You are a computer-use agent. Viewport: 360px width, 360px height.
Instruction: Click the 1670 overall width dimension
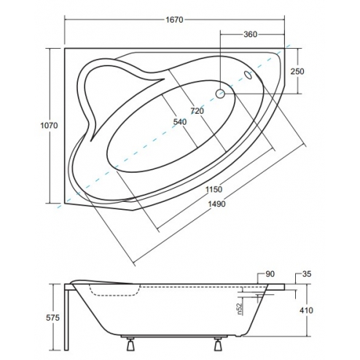(x=174, y=20)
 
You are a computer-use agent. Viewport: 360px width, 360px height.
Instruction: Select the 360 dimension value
(x=250, y=34)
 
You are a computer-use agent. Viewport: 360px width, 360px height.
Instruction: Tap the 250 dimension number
(x=297, y=71)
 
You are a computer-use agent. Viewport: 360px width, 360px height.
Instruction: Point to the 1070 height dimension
(x=49, y=125)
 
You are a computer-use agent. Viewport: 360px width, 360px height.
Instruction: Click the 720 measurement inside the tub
(x=197, y=111)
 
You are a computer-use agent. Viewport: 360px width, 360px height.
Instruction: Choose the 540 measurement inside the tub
(x=180, y=122)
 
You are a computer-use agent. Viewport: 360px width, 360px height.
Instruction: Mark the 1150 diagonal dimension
(x=214, y=189)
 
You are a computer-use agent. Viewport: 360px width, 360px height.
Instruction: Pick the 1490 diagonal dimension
(x=216, y=204)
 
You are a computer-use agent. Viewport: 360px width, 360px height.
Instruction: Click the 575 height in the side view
(x=52, y=318)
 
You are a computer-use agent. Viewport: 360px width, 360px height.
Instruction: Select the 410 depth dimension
(x=306, y=310)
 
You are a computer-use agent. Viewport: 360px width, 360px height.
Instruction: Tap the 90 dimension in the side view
(x=270, y=274)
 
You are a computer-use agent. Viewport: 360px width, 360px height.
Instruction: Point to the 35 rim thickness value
(x=307, y=274)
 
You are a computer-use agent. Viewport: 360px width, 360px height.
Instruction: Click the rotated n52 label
(x=240, y=308)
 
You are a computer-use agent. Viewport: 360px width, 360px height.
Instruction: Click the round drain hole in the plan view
(x=220, y=94)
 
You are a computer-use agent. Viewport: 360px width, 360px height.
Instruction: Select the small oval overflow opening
(x=249, y=75)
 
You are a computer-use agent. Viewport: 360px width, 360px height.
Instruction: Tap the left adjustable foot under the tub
(x=130, y=343)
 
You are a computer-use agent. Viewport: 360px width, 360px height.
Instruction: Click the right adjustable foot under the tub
(x=217, y=343)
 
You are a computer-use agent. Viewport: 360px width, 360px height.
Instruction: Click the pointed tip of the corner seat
(x=92, y=141)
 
